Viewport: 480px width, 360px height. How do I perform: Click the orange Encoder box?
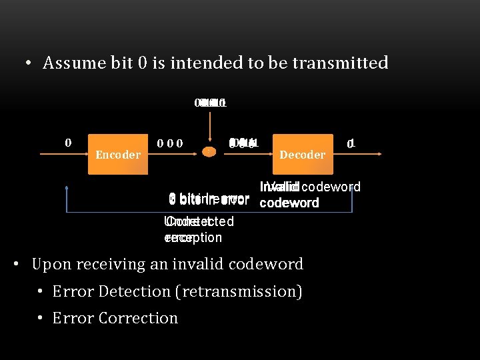[118, 155]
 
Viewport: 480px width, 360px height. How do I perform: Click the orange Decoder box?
[302, 155]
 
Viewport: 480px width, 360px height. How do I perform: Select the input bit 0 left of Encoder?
[67, 142]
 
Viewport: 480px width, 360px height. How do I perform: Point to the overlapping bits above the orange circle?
[211, 103]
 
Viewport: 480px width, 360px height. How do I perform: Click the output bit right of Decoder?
[351, 143]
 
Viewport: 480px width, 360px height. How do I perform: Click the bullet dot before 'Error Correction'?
[41, 319]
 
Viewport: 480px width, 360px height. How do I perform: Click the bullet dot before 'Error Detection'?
[41, 292]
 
